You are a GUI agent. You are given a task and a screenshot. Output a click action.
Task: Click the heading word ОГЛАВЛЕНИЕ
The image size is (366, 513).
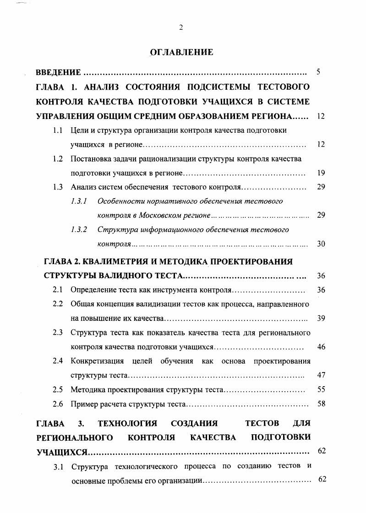tap(182, 52)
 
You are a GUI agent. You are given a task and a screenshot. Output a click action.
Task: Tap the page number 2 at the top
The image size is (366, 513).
tap(181, 27)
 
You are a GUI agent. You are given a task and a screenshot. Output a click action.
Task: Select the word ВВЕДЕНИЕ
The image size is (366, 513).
tap(59, 72)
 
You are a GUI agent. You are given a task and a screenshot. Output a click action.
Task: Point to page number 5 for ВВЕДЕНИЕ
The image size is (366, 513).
tap(319, 72)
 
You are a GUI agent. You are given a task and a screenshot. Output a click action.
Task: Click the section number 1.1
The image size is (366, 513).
tap(58, 130)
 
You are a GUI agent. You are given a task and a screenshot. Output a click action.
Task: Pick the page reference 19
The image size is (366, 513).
tap(321, 173)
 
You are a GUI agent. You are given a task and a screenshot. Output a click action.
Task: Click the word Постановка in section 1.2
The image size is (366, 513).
tap(90, 159)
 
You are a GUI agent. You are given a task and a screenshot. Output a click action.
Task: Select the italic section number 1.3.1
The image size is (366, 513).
tap(79, 201)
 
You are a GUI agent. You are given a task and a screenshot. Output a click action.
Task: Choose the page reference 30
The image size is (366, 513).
tap(321, 244)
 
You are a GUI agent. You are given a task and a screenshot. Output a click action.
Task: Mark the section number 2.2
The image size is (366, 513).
tap(58, 304)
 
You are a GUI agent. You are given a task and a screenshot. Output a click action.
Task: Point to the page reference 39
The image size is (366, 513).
tap(321, 319)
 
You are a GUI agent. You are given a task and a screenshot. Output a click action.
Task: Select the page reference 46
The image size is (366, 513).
tap(321, 347)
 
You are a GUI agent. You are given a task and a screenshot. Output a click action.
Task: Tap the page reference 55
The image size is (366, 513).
tap(321, 390)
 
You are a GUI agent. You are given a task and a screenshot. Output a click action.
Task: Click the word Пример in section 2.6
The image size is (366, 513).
tap(82, 404)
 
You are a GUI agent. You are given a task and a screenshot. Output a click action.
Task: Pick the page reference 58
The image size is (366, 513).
tap(321, 404)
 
